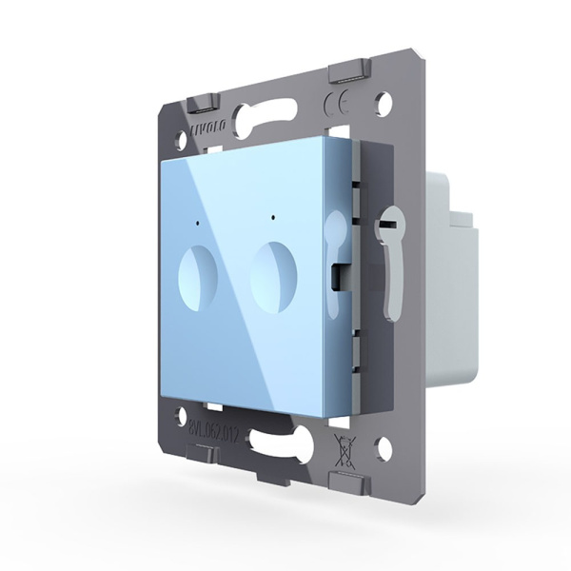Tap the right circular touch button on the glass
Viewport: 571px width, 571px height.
pyautogui.click(x=271, y=274)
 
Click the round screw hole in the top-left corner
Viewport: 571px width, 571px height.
pyautogui.click(x=180, y=137)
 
